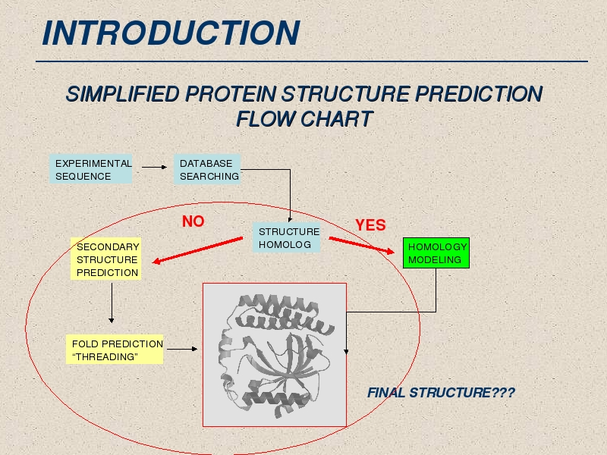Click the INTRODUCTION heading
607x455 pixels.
171,33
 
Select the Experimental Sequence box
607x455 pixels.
90,168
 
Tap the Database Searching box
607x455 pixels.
207,168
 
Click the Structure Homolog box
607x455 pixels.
287,237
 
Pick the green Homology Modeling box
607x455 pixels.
436,253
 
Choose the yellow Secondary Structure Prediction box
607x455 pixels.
105,259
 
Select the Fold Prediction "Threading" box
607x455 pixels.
115,350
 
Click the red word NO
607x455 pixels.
193,221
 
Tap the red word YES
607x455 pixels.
370,224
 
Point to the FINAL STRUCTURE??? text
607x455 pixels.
441,393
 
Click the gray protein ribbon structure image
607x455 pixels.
275,355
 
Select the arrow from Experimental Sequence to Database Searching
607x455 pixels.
154,167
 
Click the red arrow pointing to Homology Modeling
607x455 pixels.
362,245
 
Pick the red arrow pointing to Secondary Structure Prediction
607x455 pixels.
197,250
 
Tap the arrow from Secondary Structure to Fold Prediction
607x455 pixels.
112,303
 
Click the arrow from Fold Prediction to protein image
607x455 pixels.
182,349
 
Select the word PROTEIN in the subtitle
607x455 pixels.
231,94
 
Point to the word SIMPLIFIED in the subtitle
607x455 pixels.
123,94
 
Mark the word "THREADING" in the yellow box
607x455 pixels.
105,356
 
